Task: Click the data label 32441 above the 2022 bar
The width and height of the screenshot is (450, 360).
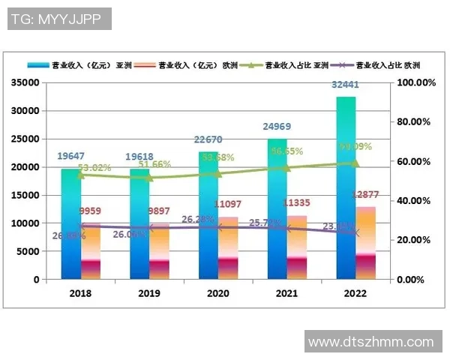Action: [345, 85]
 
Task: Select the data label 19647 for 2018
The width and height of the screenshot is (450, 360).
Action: [71, 157]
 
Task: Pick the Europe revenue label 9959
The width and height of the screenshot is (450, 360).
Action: [90, 211]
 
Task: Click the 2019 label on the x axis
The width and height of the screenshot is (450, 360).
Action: [149, 294]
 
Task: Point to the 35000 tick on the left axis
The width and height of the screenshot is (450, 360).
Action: [25, 82]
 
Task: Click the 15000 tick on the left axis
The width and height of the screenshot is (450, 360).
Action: [25, 195]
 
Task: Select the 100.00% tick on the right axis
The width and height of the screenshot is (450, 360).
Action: [416, 82]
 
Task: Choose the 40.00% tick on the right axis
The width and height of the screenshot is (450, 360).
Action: [416, 201]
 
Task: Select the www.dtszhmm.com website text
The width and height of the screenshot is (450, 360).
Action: [371, 342]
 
